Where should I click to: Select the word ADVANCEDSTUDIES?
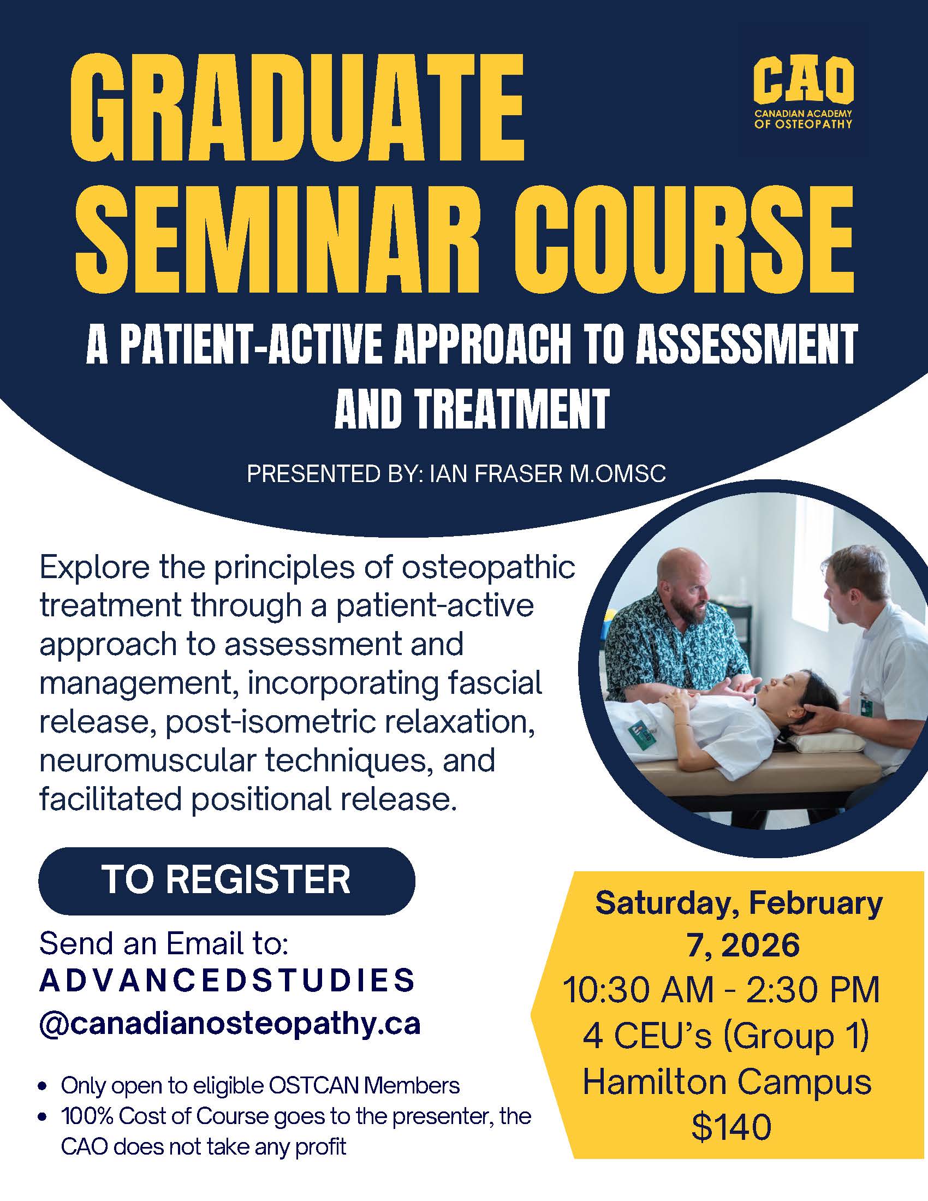click(x=227, y=981)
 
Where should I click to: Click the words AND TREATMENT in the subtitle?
click(x=472, y=409)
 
